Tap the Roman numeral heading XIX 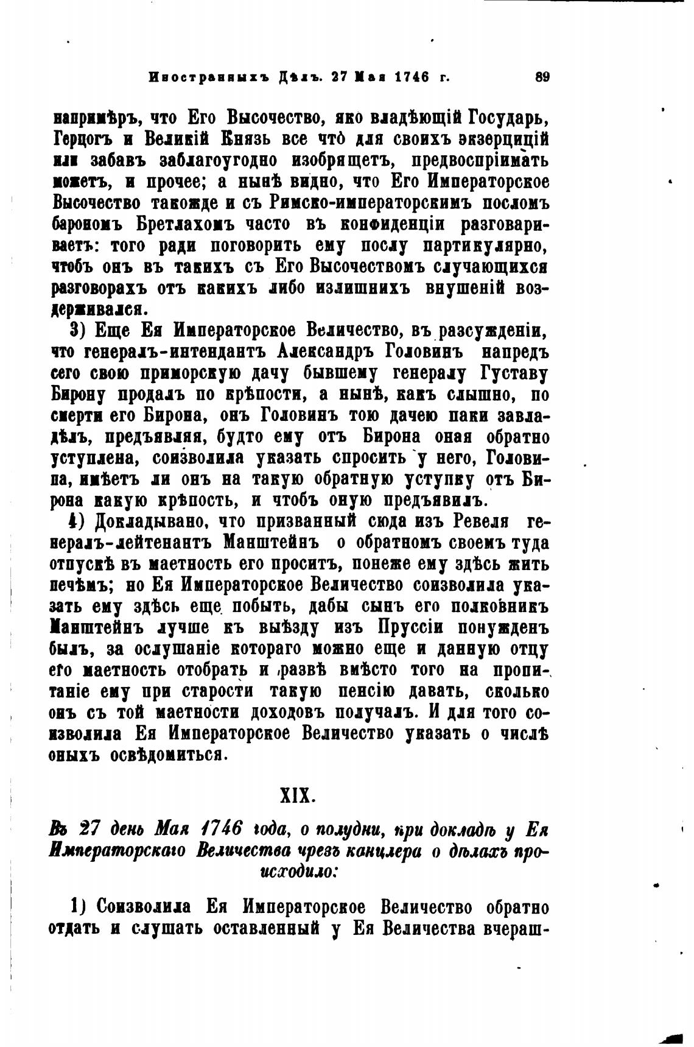tap(296, 795)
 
